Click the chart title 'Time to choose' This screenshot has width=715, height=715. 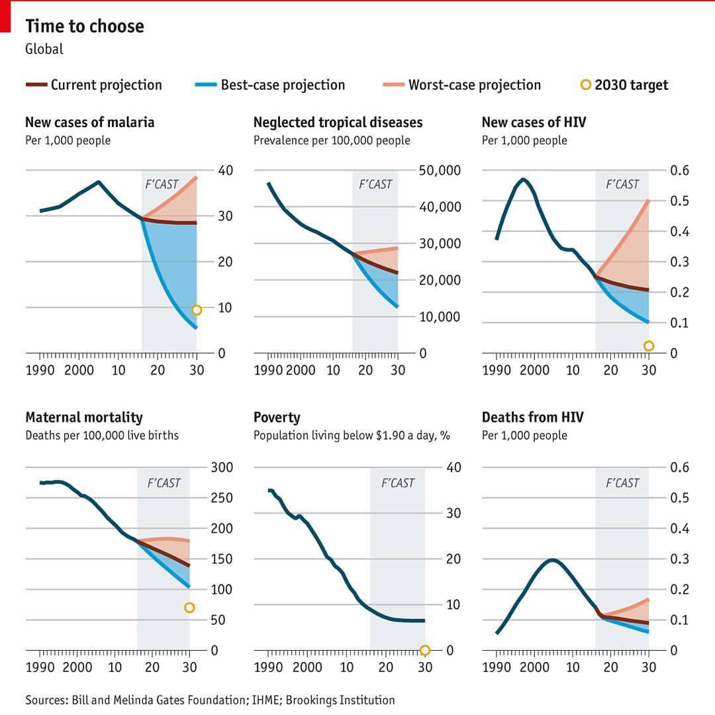tap(84, 26)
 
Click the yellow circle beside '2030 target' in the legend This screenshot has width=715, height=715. tap(585, 84)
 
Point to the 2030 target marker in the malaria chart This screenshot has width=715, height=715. tap(197, 310)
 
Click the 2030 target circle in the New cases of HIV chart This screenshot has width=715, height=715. tap(649, 346)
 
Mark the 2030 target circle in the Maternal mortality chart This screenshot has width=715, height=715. tap(189, 608)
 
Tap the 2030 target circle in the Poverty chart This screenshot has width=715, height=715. tap(425, 650)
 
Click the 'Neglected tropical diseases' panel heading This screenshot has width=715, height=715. tap(338, 122)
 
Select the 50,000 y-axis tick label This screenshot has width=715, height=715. tap(440, 171)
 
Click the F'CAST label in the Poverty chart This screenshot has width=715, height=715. tap(397, 483)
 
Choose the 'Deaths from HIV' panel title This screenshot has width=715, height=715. tap(532, 418)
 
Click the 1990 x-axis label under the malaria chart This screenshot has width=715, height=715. tap(40, 370)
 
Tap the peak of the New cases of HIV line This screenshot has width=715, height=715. tap(523, 179)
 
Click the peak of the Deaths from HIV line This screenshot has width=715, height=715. tap(552, 560)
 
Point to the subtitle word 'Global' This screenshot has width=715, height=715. tap(44, 49)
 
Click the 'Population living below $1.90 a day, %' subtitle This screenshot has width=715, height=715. tap(352, 436)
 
